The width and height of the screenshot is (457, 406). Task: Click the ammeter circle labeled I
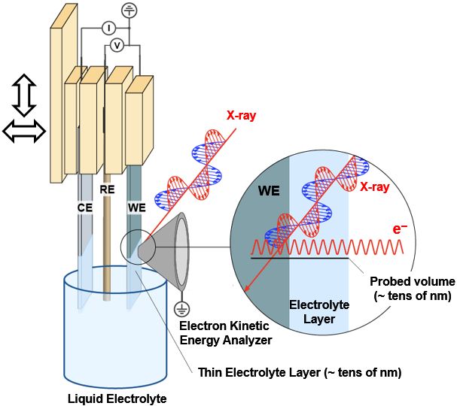108,28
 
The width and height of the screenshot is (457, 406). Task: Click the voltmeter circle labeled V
117,46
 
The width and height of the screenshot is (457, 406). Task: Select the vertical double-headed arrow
25,95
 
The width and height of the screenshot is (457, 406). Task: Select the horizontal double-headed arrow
25,132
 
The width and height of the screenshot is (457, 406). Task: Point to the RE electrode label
108,190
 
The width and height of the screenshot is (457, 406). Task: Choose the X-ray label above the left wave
242,117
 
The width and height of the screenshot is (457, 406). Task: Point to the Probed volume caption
411,289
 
